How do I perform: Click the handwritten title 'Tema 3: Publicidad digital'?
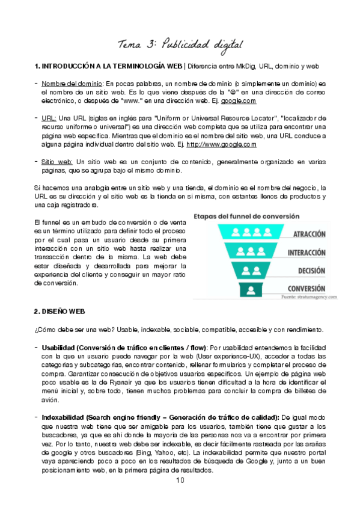(180, 44)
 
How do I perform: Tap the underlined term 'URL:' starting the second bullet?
(49, 118)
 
